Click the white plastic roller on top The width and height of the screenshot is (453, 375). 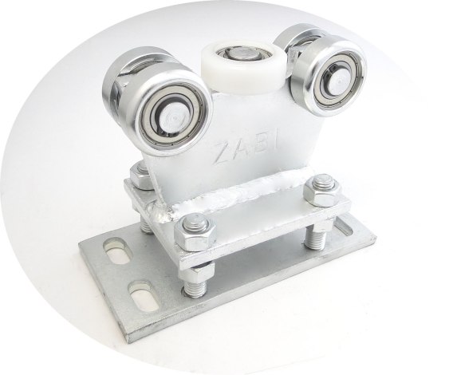click(x=244, y=66)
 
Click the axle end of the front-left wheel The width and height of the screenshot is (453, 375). click(x=174, y=117)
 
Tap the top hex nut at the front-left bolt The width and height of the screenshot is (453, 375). click(x=195, y=230)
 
